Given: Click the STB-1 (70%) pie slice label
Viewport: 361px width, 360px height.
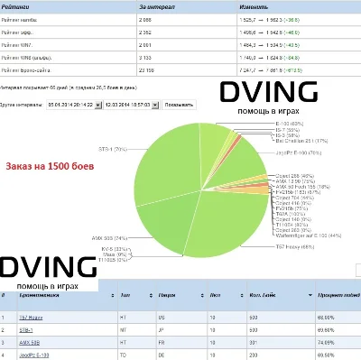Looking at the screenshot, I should click(113, 147).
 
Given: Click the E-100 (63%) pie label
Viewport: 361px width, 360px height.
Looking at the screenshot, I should click(288, 123).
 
